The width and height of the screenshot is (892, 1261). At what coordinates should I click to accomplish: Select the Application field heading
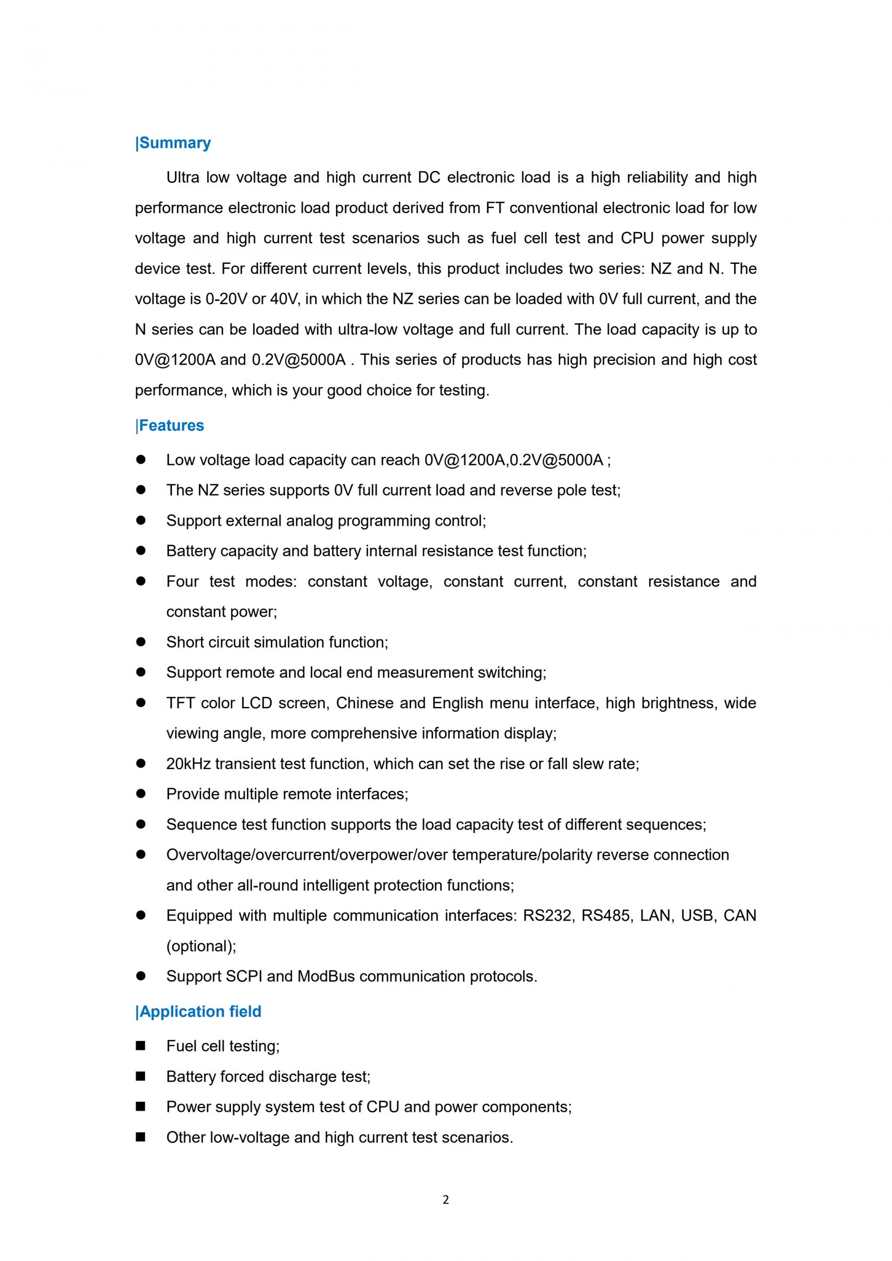[x=199, y=1012]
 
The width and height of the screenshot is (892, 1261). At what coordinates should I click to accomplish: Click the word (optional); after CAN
[x=202, y=946]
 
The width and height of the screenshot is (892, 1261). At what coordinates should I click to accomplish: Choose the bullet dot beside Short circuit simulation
[x=141, y=642]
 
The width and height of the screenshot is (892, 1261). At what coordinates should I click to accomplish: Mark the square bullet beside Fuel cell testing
[x=141, y=1045]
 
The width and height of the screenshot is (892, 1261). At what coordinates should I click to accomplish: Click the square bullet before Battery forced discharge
[x=141, y=1077]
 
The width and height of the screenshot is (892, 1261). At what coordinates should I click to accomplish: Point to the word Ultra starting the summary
[x=183, y=178]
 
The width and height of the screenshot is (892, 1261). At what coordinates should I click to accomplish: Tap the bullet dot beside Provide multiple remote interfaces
[x=141, y=794]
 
